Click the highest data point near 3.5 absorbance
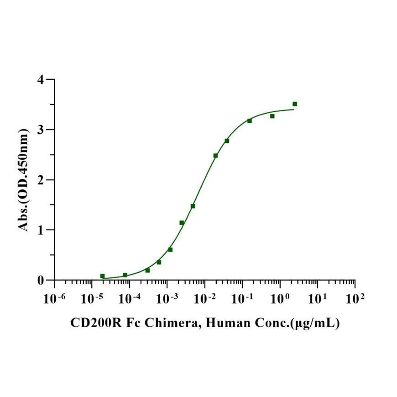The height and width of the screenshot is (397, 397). pyautogui.click(x=295, y=104)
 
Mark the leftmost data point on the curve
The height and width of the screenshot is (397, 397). pyautogui.click(x=102, y=276)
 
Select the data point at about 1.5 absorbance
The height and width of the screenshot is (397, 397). pyautogui.click(x=193, y=206)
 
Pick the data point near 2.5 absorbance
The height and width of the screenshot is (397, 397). pyautogui.click(x=215, y=156)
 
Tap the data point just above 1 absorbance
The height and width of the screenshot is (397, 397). pyautogui.click(x=182, y=223)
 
